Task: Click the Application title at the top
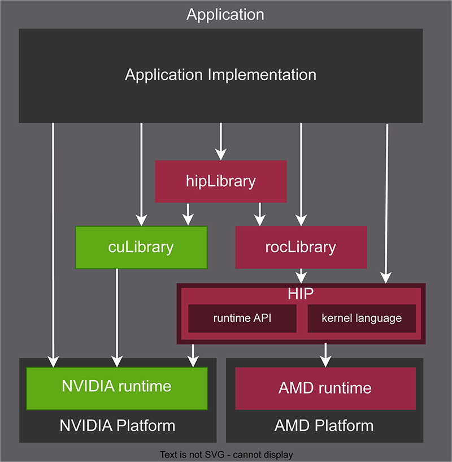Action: (225, 15)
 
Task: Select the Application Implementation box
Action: (221, 75)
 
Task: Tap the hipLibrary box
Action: (221, 182)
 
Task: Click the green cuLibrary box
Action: (141, 247)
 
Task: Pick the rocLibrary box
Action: (301, 247)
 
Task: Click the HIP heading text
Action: (301, 295)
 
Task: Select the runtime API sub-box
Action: (242, 318)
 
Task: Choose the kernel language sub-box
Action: (362, 318)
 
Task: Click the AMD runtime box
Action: (325, 388)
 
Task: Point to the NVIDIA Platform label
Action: (118, 425)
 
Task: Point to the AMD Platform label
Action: (324, 425)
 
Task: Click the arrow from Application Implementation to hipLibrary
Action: (221, 141)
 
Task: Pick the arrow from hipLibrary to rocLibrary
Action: (259, 214)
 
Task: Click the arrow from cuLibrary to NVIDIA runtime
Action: (117, 317)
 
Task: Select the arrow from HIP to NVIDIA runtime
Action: (194, 355)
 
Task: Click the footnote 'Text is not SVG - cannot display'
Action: (226, 454)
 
